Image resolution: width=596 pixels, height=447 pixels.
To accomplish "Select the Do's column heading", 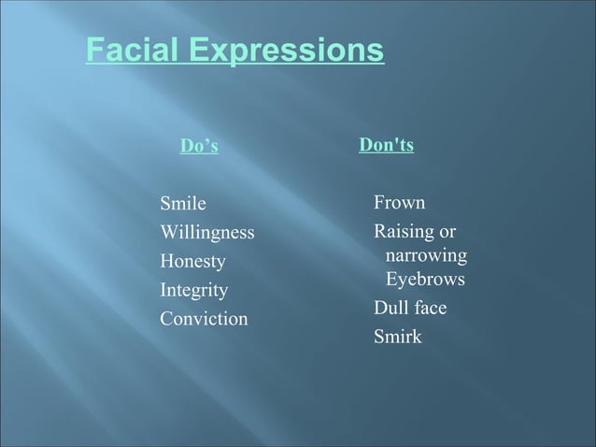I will pyautogui.click(x=199, y=147).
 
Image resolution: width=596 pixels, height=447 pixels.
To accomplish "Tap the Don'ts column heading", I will pyautogui.click(x=387, y=147).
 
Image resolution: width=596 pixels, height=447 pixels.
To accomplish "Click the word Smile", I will pyautogui.click(x=183, y=203).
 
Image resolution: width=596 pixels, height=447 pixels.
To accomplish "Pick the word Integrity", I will pyautogui.click(x=193, y=290).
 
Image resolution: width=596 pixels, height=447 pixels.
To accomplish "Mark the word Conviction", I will pyautogui.click(x=204, y=319).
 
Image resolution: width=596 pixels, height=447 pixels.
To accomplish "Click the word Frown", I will pyautogui.click(x=400, y=202).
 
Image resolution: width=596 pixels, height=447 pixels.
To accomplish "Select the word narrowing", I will pyautogui.click(x=427, y=254).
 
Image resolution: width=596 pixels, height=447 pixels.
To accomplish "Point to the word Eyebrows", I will pyautogui.click(x=425, y=280).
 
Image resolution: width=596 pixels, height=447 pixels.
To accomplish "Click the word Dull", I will pyautogui.click(x=390, y=308).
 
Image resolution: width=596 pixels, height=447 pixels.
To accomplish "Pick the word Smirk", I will pyautogui.click(x=397, y=336).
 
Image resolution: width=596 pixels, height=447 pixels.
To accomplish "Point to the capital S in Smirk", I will pyautogui.click(x=378, y=336).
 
